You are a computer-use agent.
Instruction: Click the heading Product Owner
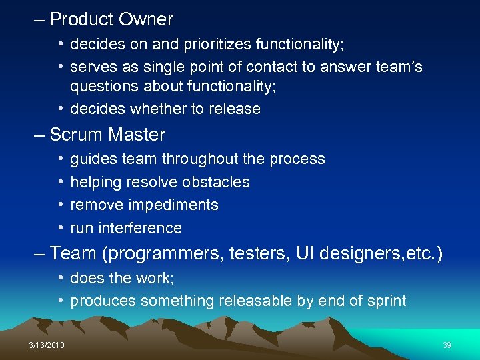point(111,20)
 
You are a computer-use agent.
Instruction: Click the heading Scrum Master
point(107,135)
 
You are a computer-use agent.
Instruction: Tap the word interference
point(140,228)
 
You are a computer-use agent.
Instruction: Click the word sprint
point(385,301)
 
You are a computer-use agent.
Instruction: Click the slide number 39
point(447,345)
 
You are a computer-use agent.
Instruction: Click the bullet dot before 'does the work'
point(60,278)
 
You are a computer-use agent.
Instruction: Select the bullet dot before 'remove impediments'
point(60,205)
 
